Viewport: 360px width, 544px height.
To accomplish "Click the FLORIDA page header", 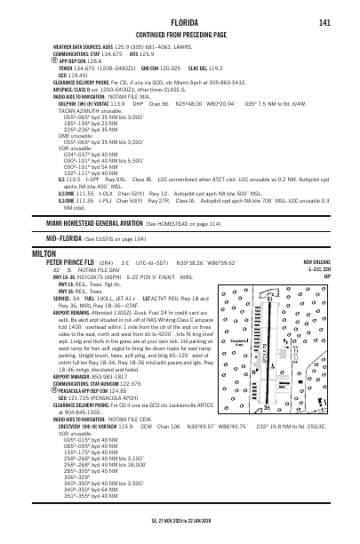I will pyautogui.click(x=180, y=22).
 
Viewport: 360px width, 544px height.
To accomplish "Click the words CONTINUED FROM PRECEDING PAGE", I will pyautogui.click(x=180, y=35).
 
